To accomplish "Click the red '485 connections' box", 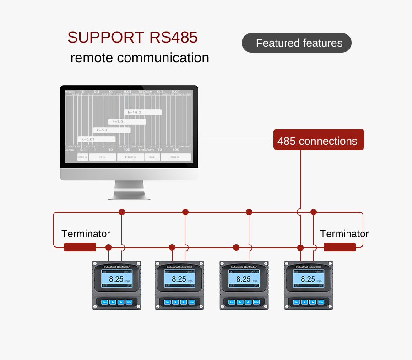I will [319, 140].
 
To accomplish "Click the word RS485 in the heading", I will [173, 37].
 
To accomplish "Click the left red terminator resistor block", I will [80, 247].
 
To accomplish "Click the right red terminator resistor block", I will [339, 247].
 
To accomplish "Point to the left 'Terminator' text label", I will [86, 234].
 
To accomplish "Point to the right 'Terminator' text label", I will [344, 234].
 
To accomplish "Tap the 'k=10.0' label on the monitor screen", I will [135, 112].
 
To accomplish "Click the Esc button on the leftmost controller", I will [104, 302].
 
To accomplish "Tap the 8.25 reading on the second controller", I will [179, 279].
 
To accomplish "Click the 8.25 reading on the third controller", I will [244, 279].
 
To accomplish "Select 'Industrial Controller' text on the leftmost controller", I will [117, 267].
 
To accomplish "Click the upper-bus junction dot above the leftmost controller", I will [122, 212].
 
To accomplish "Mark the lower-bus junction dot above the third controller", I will [236, 247].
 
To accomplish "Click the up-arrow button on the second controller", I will [184, 302].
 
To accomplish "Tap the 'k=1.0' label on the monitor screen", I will [118, 121].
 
